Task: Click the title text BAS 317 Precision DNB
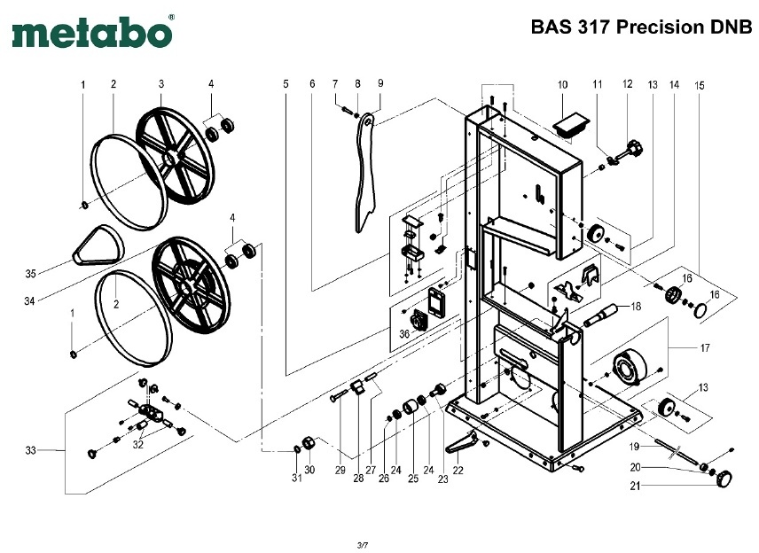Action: click(640, 27)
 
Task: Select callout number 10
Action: click(561, 84)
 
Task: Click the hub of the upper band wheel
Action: click(170, 157)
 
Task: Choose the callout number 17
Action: click(705, 348)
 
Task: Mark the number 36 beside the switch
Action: click(404, 334)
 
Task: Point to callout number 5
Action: click(286, 84)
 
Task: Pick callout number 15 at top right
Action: click(700, 86)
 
